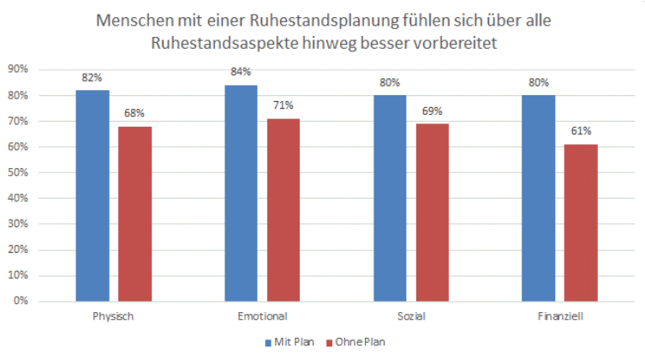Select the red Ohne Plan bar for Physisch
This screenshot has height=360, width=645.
point(134,213)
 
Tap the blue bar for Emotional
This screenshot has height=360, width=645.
point(241,193)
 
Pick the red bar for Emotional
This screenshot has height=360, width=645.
point(284,210)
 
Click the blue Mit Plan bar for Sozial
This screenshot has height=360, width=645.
point(390,198)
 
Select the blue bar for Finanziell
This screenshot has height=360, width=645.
point(539,198)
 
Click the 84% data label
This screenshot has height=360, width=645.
point(241,72)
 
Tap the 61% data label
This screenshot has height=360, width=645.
point(582,131)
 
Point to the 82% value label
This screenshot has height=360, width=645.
point(92,77)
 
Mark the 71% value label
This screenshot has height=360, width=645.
point(284,105)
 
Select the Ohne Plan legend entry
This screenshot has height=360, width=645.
point(355,342)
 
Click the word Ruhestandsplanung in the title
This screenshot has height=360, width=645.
point(283,19)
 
